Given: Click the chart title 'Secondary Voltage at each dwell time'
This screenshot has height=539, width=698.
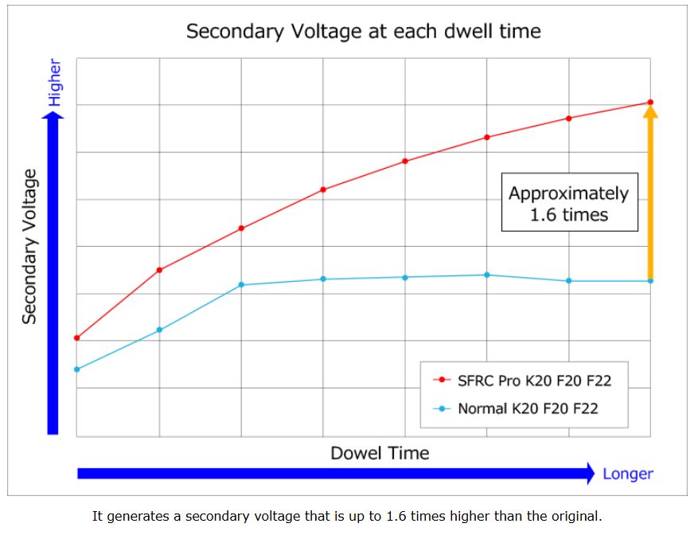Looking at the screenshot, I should pyautogui.click(x=363, y=32).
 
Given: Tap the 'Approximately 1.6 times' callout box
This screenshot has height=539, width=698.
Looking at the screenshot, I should pyautogui.click(x=569, y=203).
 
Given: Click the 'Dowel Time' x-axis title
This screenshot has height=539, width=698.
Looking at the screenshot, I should pyautogui.click(x=380, y=453).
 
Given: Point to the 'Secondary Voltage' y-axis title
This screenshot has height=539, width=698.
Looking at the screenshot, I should pyautogui.click(x=29, y=246).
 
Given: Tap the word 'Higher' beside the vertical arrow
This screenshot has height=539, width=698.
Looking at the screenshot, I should pyautogui.click(x=54, y=82).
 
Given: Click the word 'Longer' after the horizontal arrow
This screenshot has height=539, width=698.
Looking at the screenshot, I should pyautogui.click(x=627, y=474).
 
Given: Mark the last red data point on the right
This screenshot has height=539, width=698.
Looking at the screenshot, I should pyautogui.click(x=650, y=102).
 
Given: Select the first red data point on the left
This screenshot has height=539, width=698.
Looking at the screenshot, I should pyautogui.click(x=76, y=338).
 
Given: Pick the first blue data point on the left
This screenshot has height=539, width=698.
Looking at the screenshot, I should pyautogui.click(x=76, y=369).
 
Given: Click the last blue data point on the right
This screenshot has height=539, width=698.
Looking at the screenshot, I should pyautogui.click(x=650, y=281).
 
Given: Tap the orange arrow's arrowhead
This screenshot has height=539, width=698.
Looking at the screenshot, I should pyautogui.click(x=650, y=112).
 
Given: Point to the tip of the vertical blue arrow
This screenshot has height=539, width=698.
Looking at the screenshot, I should pyautogui.click(x=53, y=115).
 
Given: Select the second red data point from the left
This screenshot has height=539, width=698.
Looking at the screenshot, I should pyautogui.click(x=159, y=270).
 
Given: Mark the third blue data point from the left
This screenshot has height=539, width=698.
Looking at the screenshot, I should pyautogui.click(x=241, y=285).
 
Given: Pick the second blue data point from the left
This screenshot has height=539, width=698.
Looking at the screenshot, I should pyautogui.click(x=159, y=330).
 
